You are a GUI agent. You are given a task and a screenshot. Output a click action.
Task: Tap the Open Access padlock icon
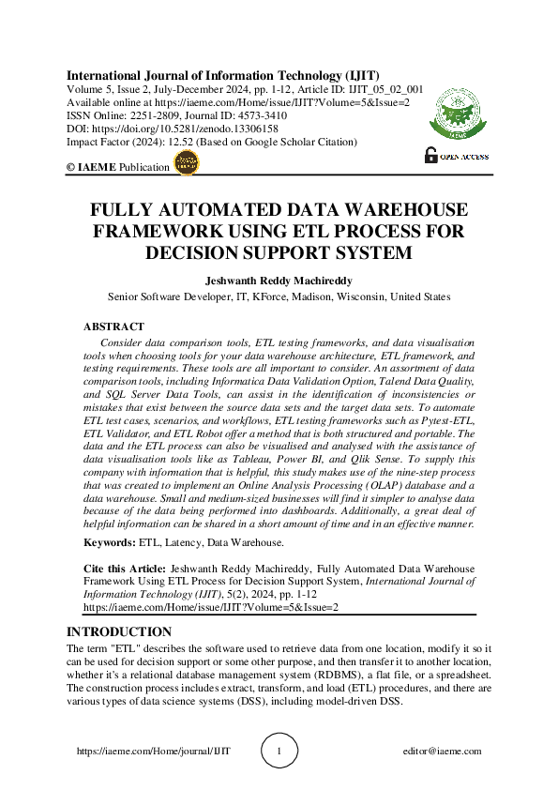click(431, 156)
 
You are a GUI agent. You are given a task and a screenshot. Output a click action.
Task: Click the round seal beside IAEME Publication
click(188, 163)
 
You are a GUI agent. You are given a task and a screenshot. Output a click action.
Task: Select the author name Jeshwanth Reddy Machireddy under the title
click(279, 280)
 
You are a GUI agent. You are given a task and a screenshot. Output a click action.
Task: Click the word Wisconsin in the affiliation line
click(353, 296)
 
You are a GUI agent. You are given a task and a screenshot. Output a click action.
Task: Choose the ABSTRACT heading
click(114, 327)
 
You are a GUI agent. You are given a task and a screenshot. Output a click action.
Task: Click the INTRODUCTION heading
click(119, 632)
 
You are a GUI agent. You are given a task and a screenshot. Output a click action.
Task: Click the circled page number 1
click(279, 751)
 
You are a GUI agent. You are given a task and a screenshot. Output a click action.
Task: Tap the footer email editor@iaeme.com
click(441, 751)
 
